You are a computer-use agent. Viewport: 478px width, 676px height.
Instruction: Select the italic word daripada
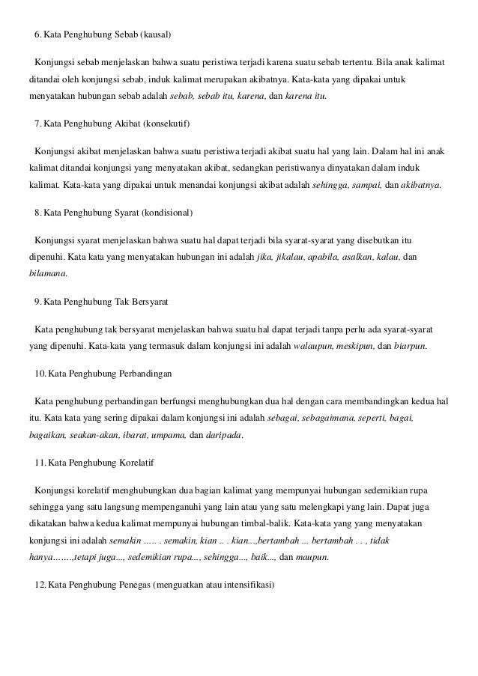tap(224, 434)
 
